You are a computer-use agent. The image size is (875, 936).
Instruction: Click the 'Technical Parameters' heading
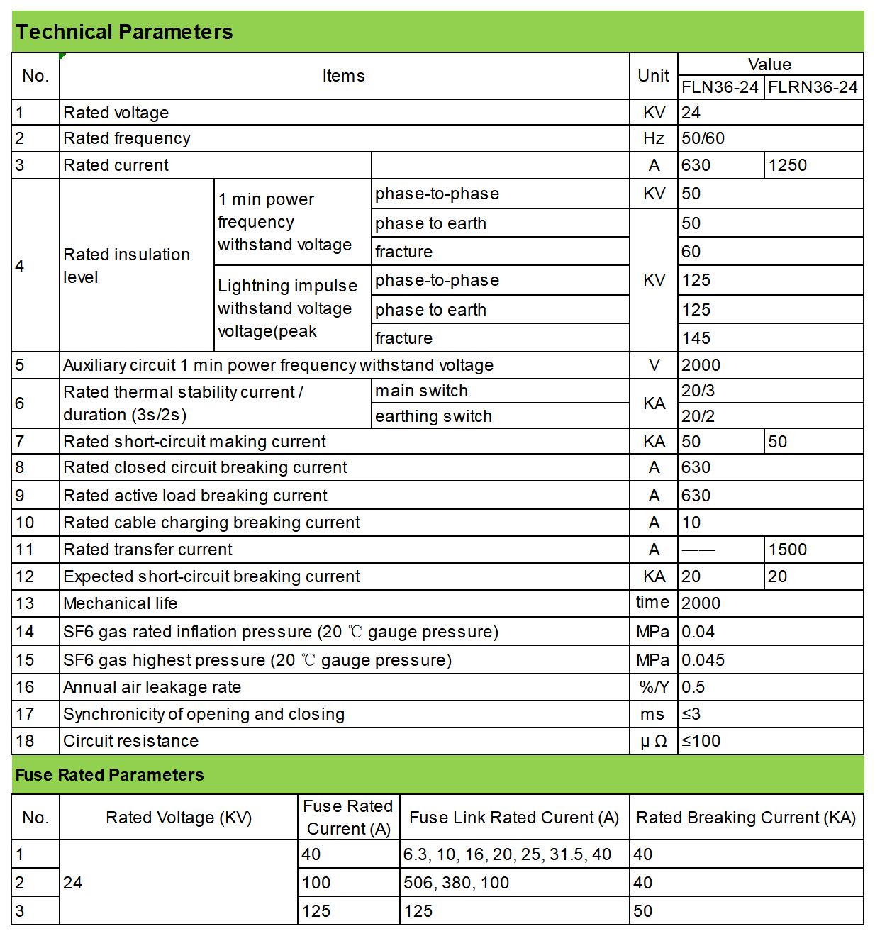tap(124, 32)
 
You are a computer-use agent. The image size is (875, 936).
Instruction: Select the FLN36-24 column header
tap(720, 87)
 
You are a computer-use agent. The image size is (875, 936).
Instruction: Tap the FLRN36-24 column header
tap(813, 87)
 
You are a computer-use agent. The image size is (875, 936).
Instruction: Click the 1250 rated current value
tap(788, 165)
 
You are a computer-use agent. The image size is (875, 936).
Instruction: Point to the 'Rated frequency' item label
tap(127, 138)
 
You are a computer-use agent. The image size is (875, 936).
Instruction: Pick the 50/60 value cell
tap(703, 138)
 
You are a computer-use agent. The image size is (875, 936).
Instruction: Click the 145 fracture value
tap(696, 338)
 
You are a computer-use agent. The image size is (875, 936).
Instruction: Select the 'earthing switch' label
tap(433, 416)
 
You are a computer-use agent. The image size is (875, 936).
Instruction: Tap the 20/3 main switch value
tap(698, 391)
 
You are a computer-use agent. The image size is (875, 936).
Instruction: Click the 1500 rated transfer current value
tap(788, 550)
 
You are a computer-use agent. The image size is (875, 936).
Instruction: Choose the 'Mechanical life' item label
tap(121, 603)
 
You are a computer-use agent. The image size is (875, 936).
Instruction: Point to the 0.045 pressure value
tap(703, 660)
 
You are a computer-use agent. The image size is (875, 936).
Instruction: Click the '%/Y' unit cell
tap(654, 687)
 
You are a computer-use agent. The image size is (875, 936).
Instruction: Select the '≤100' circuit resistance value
tap(701, 741)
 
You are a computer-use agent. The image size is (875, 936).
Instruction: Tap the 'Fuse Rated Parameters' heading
tap(110, 775)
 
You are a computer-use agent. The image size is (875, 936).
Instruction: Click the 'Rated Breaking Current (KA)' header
tap(746, 818)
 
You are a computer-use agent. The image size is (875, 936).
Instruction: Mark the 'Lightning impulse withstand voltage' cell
tap(288, 308)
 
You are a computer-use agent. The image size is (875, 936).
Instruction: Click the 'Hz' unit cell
tap(654, 138)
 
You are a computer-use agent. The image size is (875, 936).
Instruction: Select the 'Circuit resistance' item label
tap(131, 741)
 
